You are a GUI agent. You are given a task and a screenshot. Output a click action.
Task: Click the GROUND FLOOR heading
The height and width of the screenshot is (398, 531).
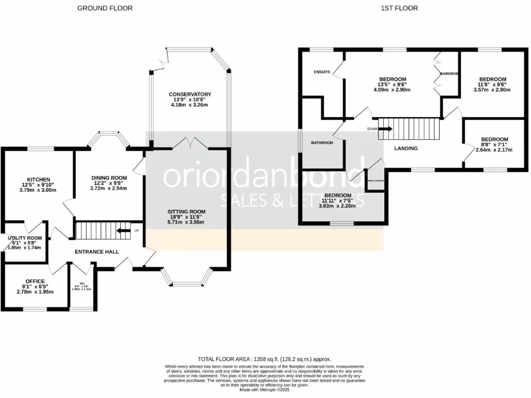105,8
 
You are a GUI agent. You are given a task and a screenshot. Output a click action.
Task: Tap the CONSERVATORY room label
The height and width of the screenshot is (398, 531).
190,94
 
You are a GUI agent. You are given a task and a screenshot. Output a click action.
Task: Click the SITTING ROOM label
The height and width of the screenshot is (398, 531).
186,212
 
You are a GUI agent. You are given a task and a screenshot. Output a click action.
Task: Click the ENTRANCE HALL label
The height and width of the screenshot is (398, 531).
97,252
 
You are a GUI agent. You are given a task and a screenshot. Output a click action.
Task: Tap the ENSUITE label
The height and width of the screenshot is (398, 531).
322,72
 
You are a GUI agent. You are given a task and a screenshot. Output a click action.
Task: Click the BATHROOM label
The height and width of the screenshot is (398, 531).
322,143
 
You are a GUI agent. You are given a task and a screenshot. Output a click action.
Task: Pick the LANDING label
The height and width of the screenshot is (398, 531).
406,148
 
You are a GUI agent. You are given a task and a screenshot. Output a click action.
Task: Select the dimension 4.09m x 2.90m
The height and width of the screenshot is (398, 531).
392,90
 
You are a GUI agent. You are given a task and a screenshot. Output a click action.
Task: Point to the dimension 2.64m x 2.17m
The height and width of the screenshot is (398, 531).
494,150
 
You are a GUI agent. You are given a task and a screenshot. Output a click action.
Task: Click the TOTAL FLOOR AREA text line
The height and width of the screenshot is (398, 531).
264,359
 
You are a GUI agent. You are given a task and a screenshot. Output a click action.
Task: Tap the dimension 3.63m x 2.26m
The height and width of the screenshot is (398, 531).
338,205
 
